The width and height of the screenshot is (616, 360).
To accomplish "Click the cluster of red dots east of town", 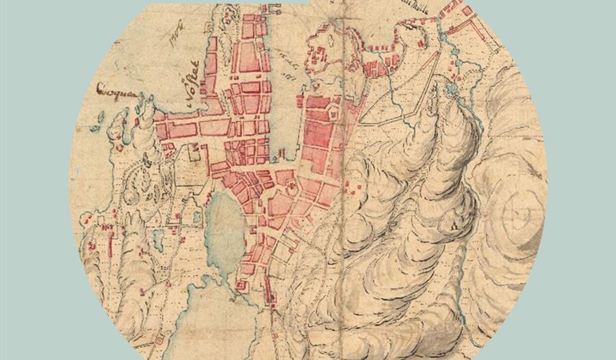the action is pos(349,188).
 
